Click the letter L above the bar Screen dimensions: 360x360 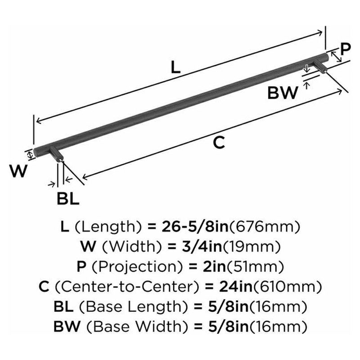[x=175, y=67]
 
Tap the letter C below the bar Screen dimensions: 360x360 [x=218, y=142]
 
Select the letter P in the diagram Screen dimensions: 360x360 [x=345, y=49]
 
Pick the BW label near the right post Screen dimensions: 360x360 [x=283, y=93]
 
